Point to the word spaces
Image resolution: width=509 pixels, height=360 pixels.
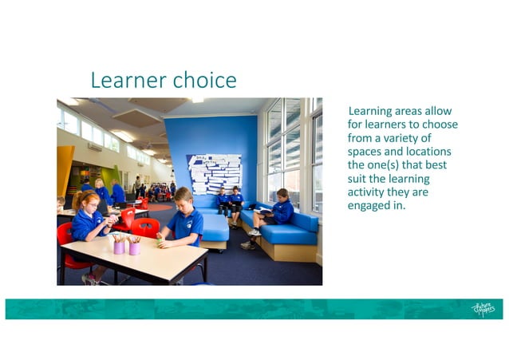pyautogui.click(x=368, y=152)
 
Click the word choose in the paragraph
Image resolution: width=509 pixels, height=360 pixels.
pyautogui.click(x=438, y=125)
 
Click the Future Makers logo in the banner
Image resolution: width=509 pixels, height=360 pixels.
pyautogui.click(x=483, y=309)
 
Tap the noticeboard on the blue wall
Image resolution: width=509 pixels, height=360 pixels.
pyautogui.click(x=214, y=173)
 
